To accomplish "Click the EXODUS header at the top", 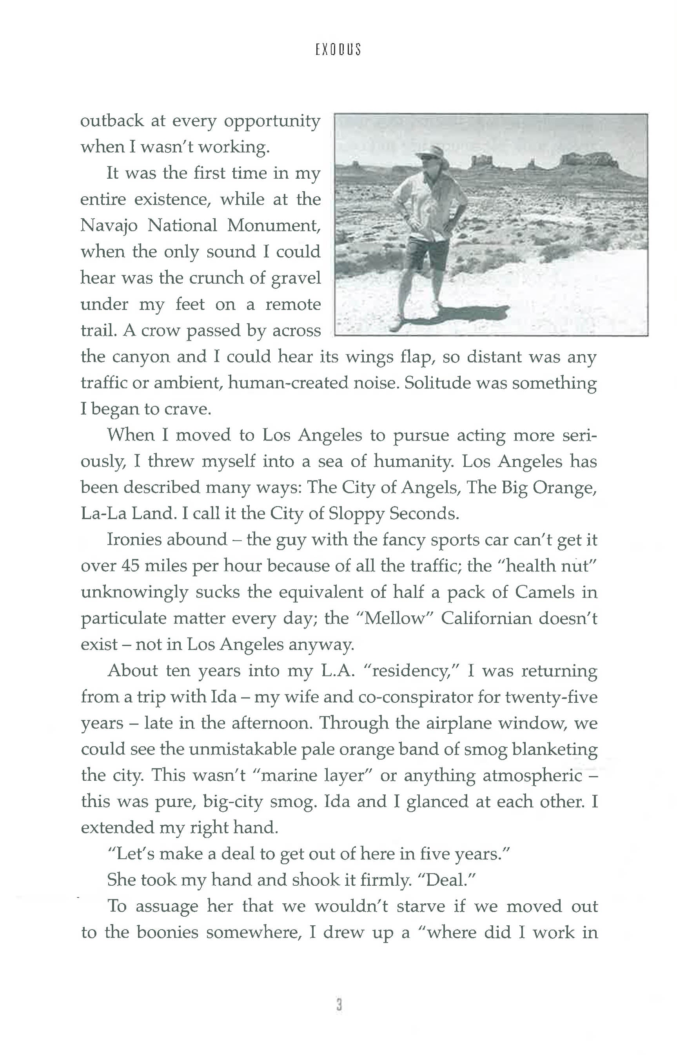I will [x=338, y=49].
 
